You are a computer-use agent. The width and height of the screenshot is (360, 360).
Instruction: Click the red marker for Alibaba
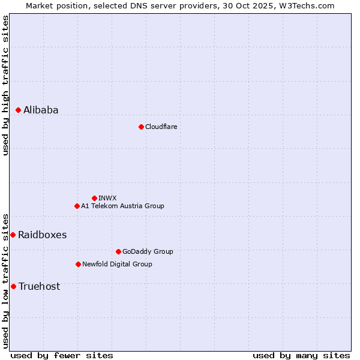pyautogui.click(x=18, y=110)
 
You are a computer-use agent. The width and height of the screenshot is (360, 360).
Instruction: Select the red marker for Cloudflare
pyautogui.click(x=141, y=127)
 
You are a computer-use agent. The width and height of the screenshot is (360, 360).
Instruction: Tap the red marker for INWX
pyautogui.click(x=94, y=198)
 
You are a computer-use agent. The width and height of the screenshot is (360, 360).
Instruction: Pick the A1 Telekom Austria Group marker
pyautogui.click(x=77, y=206)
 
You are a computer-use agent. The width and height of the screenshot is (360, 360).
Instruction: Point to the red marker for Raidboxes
pyautogui.click(x=13, y=235)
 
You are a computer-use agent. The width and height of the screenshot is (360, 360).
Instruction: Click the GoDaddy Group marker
pyautogui.click(x=118, y=251)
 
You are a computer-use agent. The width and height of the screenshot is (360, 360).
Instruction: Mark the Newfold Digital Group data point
pyautogui.click(x=78, y=264)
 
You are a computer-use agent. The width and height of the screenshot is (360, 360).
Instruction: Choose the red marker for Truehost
pyautogui.click(x=13, y=286)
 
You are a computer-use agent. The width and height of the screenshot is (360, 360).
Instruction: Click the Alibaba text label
pyautogui.click(x=41, y=110)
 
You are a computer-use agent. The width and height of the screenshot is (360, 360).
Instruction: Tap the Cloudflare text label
pyautogui.click(x=161, y=127)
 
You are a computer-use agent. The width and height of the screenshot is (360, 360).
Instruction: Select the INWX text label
pyautogui.click(x=107, y=198)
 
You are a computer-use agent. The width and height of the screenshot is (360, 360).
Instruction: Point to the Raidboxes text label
pyautogui.click(x=42, y=235)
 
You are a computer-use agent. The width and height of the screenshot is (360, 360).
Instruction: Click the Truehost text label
pyautogui.click(x=39, y=286)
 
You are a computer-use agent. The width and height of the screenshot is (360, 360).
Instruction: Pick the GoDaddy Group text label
pyautogui.click(x=147, y=251)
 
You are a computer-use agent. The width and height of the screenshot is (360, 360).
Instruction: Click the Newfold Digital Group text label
pyautogui.click(x=117, y=264)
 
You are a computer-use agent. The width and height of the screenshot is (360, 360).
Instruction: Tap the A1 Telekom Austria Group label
pyautogui.click(x=122, y=206)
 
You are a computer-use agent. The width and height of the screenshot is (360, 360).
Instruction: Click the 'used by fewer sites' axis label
pyautogui.click(x=62, y=355)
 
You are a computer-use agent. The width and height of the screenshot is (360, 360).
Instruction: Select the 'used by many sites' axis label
pyautogui.click(x=301, y=355)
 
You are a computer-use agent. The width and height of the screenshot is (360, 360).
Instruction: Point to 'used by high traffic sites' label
pyautogui.click(x=5, y=85)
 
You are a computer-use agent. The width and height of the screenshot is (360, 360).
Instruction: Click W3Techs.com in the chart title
pyautogui.click(x=305, y=5)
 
